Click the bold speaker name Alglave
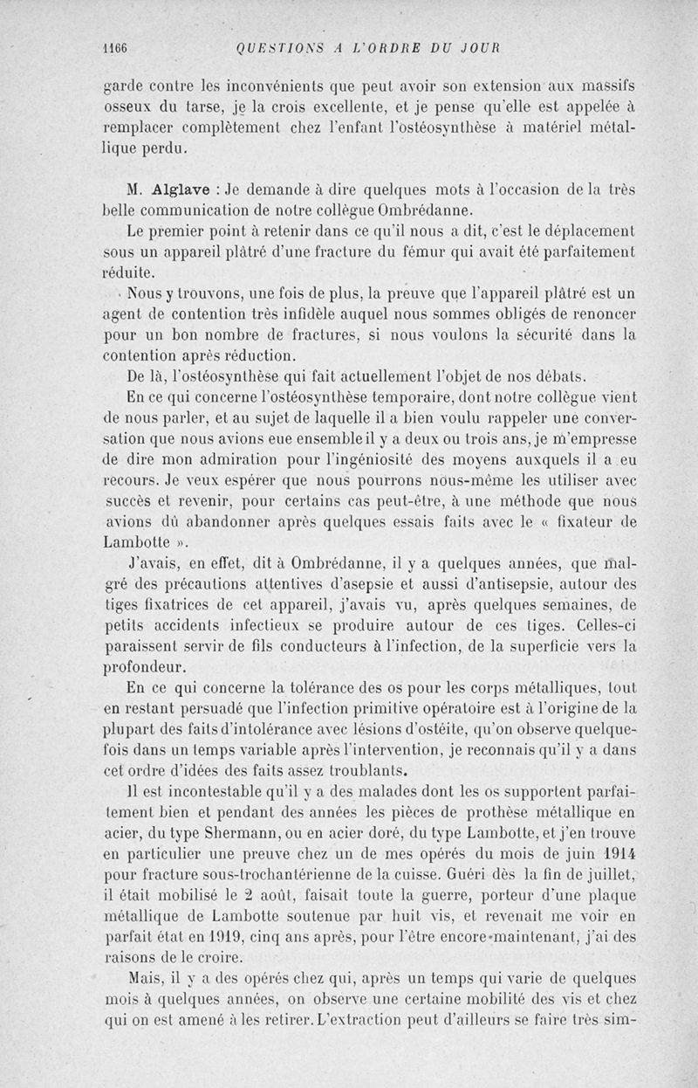[x=181, y=190]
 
